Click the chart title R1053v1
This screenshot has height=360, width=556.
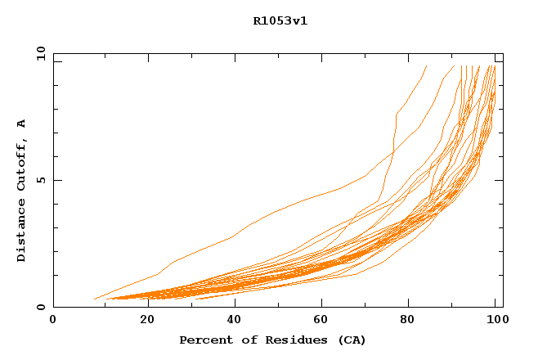(280, 21)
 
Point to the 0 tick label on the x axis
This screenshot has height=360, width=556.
(53, 320)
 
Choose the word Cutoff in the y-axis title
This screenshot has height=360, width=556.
(21, 164)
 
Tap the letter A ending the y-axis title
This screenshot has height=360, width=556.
(21, 123)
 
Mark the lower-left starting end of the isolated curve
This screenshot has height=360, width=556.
(95, 299)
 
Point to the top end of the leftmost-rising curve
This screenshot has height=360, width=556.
(426, 66)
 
